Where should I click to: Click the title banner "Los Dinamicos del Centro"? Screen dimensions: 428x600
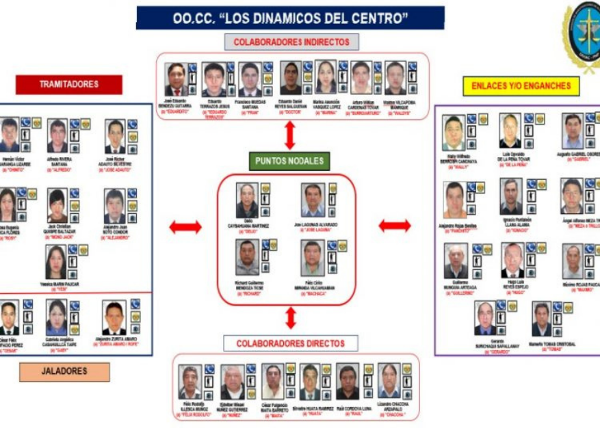pos(290,18)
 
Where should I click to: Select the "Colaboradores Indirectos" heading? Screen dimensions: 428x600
pos(291,42)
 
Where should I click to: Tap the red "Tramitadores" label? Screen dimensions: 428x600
pos(68,85)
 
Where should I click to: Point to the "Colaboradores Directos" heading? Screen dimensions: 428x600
pos(291,343)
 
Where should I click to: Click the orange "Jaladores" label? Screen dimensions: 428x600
pos(64,371)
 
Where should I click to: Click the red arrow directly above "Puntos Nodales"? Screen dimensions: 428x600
pos(290,135)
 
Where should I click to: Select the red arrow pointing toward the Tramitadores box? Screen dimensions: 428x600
pos(185,227)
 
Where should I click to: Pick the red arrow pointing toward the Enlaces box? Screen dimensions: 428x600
pos(395,226)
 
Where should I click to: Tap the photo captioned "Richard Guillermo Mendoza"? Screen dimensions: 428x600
pos(247,257)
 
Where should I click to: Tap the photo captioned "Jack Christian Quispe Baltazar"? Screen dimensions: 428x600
pos(57,206)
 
